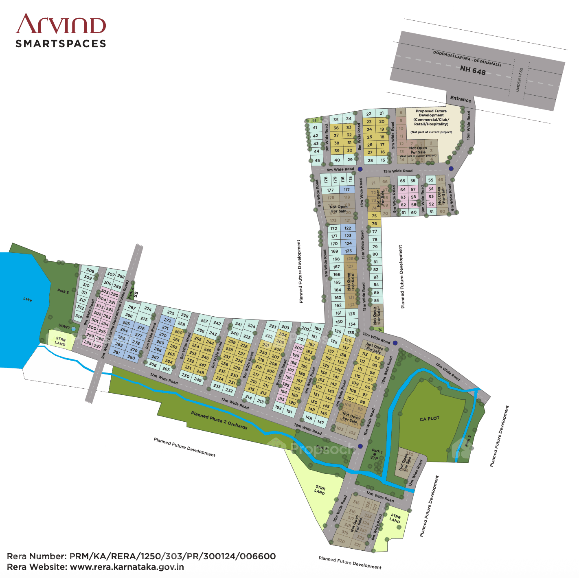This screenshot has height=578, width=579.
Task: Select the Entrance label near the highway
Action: click(x=461, y=99)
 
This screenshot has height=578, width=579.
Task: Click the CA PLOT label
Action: click(x=430, y=418)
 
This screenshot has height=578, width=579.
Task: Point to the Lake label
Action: click(x=28, y=300)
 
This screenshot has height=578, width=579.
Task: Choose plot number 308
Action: click(x=90, y=271)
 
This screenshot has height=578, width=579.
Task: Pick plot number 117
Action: click(x=347, y=190)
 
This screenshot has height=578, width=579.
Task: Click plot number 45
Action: click(x=317, y=160)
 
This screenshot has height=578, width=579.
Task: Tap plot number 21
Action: click(x=382, y=113)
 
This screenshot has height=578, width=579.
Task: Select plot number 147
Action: click(x=321, y=422)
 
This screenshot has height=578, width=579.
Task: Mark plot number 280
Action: click(x=131, y=357)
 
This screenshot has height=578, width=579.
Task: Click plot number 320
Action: click(x=341, y=541)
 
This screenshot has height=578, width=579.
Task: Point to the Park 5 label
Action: click(x=63, y=291)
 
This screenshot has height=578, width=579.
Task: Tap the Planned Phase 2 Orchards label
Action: click(x=219, y=420)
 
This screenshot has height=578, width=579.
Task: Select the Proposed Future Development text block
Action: click(x=431, y=118)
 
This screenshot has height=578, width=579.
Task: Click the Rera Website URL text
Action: click(x=127, y=567)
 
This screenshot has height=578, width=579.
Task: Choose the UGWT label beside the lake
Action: click(x=64, y=326)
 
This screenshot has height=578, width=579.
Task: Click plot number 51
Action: click(x=432, y=212)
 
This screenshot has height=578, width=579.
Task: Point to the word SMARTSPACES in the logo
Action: click(x=61, y=44)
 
